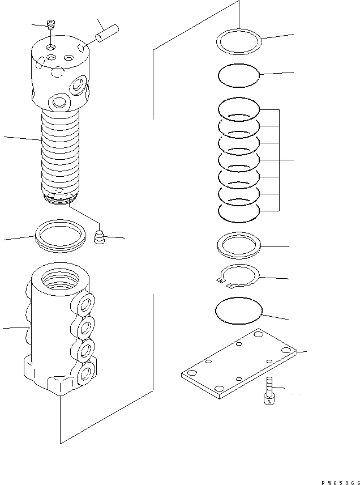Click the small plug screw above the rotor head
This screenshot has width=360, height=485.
tap(51, 25)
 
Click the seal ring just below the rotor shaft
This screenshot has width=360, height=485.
tap(60, 235)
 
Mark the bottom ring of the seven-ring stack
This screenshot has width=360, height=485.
tap(238, 212)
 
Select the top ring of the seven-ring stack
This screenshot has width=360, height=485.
tap(238, 108)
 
